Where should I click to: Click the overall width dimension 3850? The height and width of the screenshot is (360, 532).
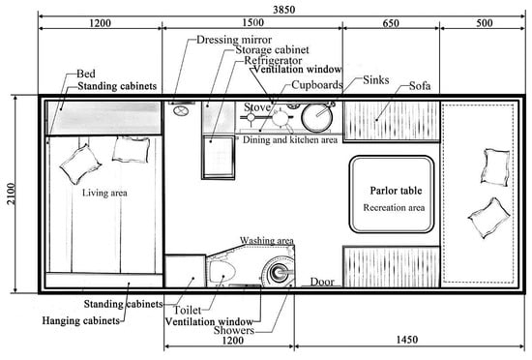pos(284,10)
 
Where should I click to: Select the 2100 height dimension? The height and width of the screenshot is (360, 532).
pos(11,194)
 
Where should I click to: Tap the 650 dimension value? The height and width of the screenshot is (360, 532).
pos(391,23)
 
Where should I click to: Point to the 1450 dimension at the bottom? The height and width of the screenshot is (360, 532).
pos(407,340)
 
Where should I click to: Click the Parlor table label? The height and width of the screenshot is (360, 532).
pos(396,191)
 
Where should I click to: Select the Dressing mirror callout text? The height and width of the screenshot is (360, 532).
pos(234,40)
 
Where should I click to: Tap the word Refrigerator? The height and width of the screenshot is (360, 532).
pos(273,60)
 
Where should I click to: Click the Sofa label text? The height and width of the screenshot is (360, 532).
pos(420,86)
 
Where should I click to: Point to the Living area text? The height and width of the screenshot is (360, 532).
pos(104,193)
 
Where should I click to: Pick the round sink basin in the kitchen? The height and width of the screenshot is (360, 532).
pos(316,118)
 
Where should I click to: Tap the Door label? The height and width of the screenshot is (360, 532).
pos(322,282)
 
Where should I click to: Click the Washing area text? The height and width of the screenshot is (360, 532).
pos(267,241)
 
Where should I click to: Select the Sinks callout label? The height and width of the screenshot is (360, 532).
pos(376,80)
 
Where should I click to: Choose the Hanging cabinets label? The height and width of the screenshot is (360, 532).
pos(80,320)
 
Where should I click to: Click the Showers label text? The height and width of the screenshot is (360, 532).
pos(234,330)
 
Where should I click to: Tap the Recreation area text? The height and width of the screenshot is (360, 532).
pos(394,207)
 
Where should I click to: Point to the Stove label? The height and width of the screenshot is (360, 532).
pos(257,107)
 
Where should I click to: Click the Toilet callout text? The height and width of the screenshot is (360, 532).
pos(188,310)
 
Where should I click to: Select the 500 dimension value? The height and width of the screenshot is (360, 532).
pos(485,23)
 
